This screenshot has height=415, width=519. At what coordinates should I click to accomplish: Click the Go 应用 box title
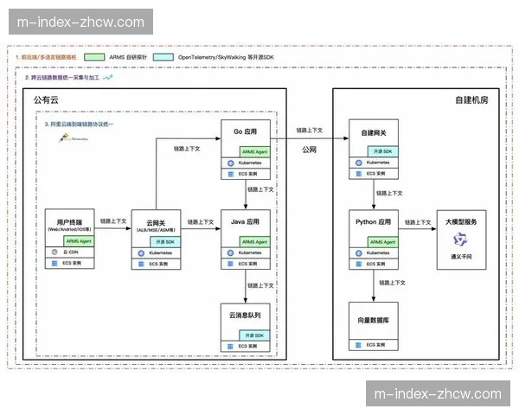(x=247, y=132)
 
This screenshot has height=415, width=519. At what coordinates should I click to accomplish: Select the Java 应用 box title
(x=247, y=221)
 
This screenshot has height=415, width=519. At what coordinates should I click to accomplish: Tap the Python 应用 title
(x=375, y=222)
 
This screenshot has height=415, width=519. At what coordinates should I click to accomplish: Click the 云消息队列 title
(x=247, y=317)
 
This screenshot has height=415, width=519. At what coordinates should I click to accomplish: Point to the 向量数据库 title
(x=375, y=319)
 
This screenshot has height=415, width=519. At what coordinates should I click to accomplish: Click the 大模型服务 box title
(x=462, y=222)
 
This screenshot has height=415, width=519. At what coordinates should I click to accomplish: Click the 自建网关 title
(x=375, y=134)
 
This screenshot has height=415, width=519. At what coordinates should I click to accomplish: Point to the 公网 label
(x=309, y=150)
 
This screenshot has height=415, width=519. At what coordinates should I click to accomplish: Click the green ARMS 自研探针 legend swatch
(x=92, y=56)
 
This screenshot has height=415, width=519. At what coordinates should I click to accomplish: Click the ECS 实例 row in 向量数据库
(x=375, y=345)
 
